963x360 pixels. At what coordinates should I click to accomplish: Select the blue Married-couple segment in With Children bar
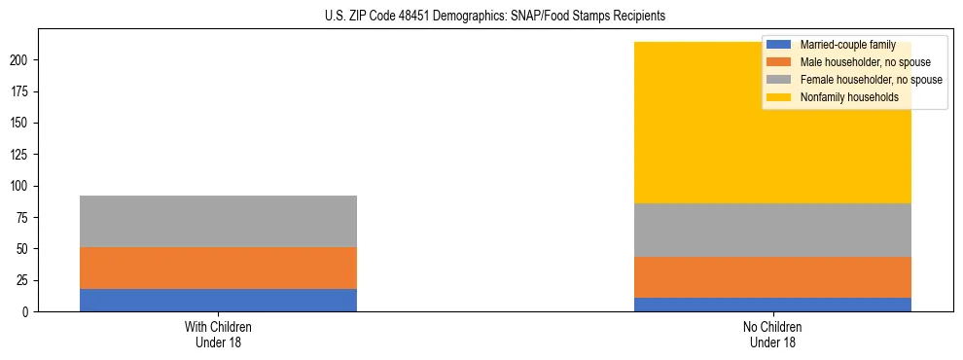point(218,300)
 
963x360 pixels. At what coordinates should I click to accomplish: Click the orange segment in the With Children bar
point(218,268)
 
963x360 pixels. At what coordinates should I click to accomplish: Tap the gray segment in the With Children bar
point(218,221)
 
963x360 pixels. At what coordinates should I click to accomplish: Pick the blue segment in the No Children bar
point(772,305)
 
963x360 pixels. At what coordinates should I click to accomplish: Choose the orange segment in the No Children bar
point(772,277)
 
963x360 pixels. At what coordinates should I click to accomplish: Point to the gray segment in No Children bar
point(772,230)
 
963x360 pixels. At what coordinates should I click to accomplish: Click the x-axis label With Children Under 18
point(218,334)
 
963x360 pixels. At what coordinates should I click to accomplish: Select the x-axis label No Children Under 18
point(772,334)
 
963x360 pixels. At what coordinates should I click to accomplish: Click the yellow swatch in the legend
point(779,97)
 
